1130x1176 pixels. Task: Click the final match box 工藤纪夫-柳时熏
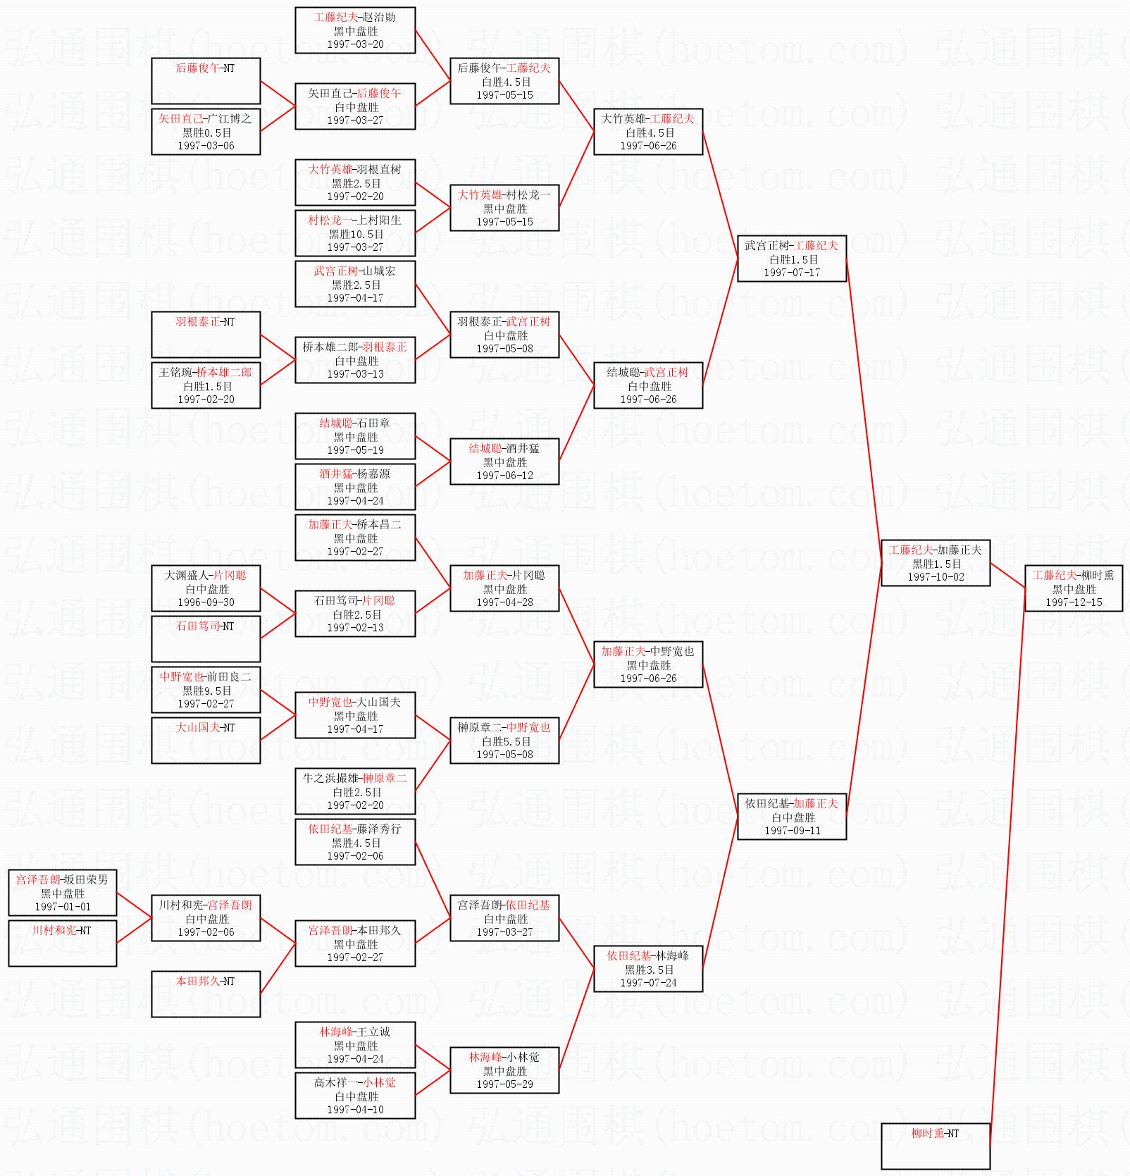pos(1074,588)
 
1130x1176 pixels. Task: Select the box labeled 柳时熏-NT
pos(936,1146)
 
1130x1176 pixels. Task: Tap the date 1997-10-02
pos(936,577)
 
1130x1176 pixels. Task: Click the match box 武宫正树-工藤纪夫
pos(792,259)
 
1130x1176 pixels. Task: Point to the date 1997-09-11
pos(792,831)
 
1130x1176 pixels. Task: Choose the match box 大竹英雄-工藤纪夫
pos(648,132)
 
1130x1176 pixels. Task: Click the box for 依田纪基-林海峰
pos(648,969)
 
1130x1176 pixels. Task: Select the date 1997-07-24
pos(648,983)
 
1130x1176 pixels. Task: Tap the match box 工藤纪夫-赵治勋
pos(355,30)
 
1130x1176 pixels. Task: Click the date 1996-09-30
pos(206,602)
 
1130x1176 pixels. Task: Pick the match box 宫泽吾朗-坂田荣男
pos(63,893)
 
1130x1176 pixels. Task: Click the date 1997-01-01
pos(63,907)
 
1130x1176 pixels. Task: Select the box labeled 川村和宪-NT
pos(63,943)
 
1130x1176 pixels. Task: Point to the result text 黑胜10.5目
pos(355,234)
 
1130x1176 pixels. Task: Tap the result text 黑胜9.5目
pos(206,691)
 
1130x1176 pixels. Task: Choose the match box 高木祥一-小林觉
pos(355,1096)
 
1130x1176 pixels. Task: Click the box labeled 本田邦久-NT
pos(206,994)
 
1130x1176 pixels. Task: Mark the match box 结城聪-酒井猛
pos(504,462)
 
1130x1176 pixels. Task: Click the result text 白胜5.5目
pos(504,741)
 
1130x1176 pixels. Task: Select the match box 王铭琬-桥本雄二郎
pos(206,385)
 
